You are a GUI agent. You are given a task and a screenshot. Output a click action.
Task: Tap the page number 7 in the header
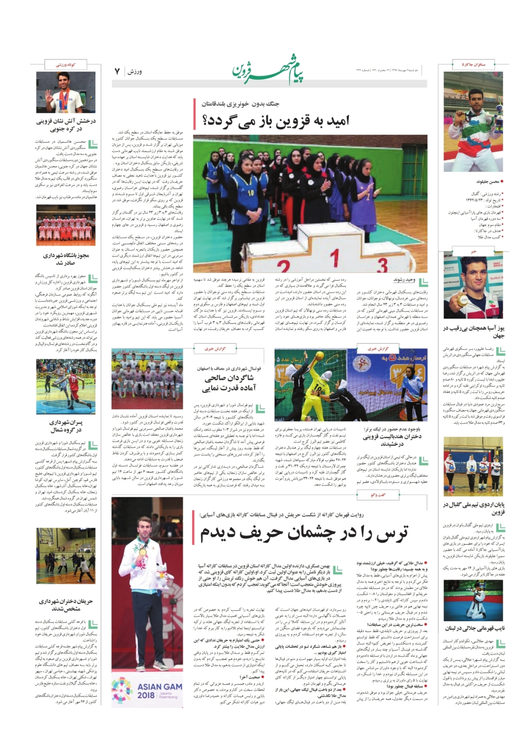tap(117, 71)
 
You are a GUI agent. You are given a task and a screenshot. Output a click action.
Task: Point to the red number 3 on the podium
tap(381, 265)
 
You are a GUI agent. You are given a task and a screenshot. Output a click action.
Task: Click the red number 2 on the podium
tap(285, 267)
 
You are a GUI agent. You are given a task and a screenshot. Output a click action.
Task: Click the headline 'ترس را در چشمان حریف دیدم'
tap(304, 533)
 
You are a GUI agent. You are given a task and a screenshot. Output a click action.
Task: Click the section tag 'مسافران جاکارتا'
tap(473, 64)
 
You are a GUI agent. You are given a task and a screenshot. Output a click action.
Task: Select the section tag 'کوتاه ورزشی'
tap(66, 64)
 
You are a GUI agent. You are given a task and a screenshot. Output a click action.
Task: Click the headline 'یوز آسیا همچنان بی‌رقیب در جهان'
tap(474, 332)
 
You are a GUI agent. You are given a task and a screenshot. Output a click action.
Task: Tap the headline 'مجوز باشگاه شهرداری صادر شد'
tap(66, 259)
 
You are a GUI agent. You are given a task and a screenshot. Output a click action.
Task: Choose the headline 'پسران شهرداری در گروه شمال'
tap(66, 426)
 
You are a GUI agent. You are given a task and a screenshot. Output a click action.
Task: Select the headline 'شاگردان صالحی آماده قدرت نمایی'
tap(229, 383)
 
